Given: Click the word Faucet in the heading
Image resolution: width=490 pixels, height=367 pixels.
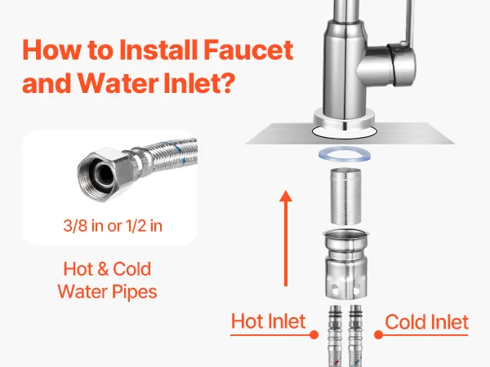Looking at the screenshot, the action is pos(248,50).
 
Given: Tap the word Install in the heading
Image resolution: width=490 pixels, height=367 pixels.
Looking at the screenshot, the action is pos(158,50).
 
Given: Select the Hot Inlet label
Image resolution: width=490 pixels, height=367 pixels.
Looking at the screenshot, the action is pos(268,321).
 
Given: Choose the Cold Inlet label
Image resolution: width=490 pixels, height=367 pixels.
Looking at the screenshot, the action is pos(426,321).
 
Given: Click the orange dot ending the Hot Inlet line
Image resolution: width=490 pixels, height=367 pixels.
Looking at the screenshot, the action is pos(314,335).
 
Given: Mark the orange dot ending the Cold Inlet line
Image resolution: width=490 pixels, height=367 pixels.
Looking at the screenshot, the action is pos(378,335).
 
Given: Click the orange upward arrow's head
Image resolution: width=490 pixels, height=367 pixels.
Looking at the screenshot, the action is pos(286,197).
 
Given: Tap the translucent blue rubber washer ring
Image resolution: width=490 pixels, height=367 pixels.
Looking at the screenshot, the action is pos(345,154).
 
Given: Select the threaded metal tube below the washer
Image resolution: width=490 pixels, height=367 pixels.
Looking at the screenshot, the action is pos(345,196).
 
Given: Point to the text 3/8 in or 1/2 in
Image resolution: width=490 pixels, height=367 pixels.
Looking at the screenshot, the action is pos(113,226).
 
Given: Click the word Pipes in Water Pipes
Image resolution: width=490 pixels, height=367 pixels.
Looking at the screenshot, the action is pos(134,292).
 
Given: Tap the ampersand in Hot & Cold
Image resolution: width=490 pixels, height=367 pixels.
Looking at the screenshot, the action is pos(103,269).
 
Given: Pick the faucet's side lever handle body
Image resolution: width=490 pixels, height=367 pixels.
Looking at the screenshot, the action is pos(402,65).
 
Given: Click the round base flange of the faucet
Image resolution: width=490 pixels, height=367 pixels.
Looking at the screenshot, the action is pos(344,121).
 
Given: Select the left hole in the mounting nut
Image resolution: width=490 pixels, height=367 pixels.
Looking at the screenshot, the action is pos(335,290).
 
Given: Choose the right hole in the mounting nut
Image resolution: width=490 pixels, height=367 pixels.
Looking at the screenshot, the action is pos(357,290).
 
